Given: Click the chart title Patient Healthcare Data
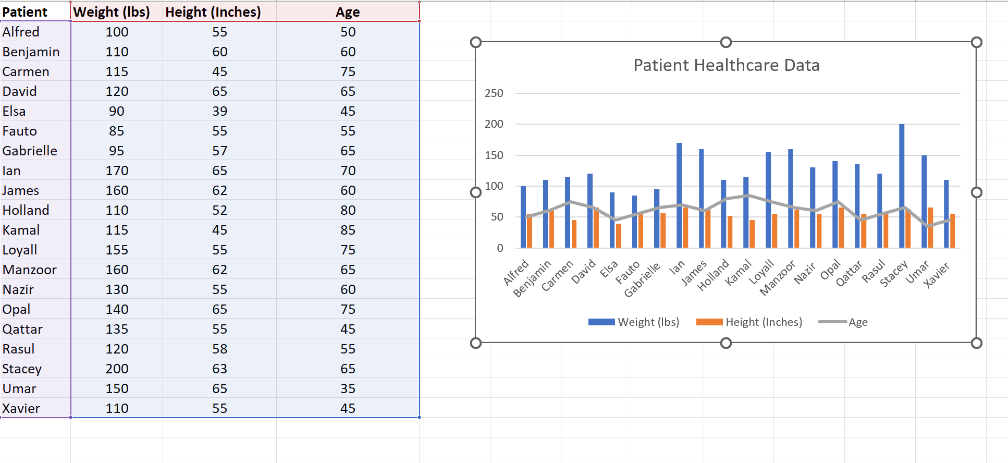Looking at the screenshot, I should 726,65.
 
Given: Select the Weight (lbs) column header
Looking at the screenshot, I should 112,12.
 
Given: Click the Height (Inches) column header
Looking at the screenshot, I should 213,12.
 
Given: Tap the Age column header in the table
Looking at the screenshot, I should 348,12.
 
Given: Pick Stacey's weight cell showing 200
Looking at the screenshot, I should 117,369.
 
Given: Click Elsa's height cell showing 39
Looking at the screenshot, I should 219,111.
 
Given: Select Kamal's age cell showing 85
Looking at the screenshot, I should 348,230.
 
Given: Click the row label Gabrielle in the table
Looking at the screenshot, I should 30,151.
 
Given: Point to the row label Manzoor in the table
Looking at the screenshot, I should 29,270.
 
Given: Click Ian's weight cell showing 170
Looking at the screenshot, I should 117,170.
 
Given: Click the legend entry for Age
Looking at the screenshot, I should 857,322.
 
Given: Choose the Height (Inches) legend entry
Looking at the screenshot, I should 764,322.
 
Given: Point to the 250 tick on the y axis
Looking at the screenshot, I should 494,93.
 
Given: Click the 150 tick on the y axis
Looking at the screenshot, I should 494,155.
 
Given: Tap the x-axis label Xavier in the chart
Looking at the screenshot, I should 937,275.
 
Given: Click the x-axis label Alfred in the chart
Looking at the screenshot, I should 516,273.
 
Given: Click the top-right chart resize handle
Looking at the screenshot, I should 976,42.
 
